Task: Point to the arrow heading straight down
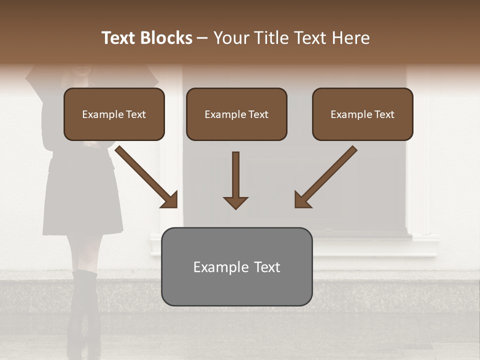(x=235, y=180)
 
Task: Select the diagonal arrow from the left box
(x=146, y=176)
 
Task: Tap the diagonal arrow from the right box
(x=325, y=176)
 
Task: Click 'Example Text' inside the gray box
(x=236, y=267)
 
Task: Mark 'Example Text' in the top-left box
(x=114, y=114)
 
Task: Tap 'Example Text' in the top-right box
(x=362, y=114)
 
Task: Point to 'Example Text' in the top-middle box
(x=236, y=114)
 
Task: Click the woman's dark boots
(x=82, y=310)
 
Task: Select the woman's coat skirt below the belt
(x=82, y=200)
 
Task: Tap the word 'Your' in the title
(x=231, y=38)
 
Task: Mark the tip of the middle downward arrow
(x=235, y=207)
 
